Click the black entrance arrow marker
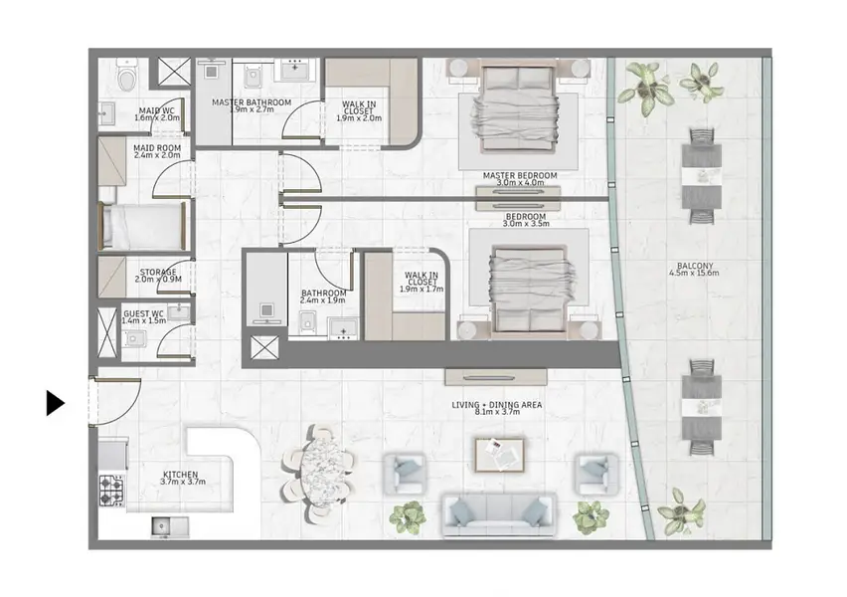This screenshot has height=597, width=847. tap(55, 403)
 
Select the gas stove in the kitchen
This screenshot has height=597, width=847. tap(111, 491)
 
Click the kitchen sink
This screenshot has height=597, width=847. tap(170, 527)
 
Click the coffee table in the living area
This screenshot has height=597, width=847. tap(500, 455)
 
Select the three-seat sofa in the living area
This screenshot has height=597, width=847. tap(499, 513)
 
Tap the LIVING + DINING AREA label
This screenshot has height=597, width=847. tap(497, 405)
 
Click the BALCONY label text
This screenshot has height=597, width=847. tap(695, 266)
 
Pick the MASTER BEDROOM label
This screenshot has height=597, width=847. tap(520, 175)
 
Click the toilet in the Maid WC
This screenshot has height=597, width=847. tap(127, 76)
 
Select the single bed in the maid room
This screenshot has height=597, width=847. tap(143, 226)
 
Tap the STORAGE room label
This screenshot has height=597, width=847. tap(158, 272)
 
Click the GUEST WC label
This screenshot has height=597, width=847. tap(143, 313)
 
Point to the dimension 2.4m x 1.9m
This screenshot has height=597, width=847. tap(323, 300)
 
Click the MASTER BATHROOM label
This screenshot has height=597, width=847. tap(252, 102)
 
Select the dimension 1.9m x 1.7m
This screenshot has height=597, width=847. tap(422, 290)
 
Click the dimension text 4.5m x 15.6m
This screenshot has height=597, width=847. tap(694, 273)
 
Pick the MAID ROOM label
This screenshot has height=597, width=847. tap(157, 147)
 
